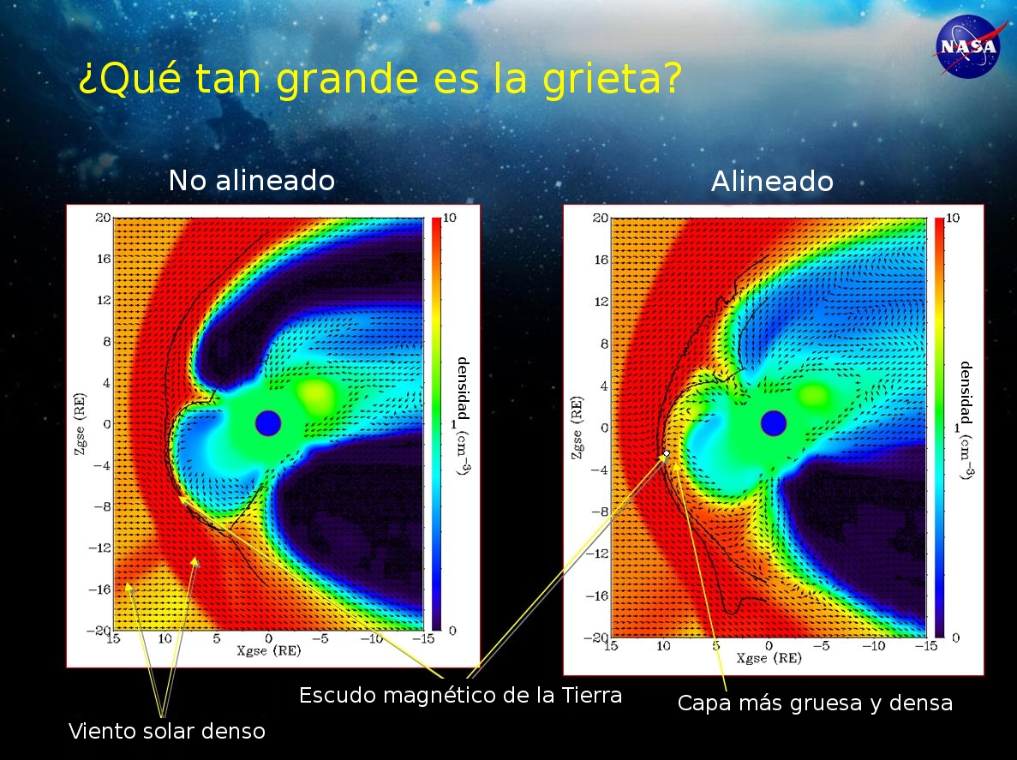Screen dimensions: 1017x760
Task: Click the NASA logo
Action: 967,45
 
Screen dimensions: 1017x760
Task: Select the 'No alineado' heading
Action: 252,180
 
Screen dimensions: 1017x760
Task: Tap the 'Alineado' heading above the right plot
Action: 772,181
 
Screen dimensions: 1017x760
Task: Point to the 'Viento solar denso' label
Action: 167,731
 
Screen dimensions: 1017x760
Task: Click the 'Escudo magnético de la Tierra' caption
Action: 460,696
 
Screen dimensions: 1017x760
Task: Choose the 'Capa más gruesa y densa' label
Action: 815,703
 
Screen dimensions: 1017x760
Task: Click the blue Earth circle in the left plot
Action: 268,423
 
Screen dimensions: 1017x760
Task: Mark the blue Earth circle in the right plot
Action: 773,423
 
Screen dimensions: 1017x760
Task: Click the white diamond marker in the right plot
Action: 666,453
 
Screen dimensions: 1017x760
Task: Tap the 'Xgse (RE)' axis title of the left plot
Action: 268,649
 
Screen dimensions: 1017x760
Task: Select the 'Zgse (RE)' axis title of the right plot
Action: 576,428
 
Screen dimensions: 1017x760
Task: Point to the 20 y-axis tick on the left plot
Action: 103,218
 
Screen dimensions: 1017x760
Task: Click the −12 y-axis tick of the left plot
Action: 99,548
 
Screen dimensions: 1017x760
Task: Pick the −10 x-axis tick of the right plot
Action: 873,646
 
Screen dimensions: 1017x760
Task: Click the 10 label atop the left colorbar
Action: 449,218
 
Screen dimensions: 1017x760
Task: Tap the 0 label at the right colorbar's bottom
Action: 955,638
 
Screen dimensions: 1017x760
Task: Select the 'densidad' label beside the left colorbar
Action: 464,388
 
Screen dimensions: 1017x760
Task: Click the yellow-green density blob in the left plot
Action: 316,394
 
